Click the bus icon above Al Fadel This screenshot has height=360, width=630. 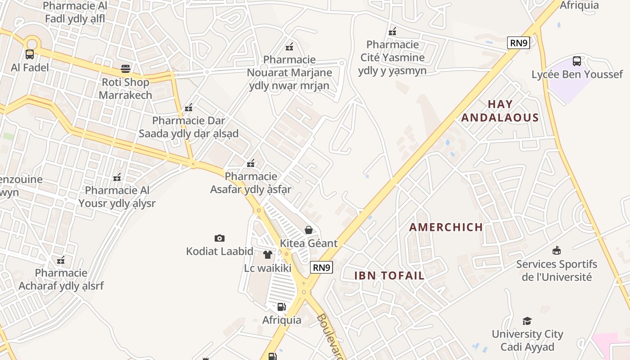[x=30, y=54]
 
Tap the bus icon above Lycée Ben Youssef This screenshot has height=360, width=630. [x=576, y=61]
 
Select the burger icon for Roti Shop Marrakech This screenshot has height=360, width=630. [x=126, y=69]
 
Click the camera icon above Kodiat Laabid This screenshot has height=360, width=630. [x=220, y=238]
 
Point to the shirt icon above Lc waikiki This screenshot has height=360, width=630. [x=268, y=255]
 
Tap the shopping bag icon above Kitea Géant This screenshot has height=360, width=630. [x=309, y=230]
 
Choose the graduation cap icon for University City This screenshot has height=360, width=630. [x=527, y=321]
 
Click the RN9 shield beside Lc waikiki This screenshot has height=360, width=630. [x=321, y=267]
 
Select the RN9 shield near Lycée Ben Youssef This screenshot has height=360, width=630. [x=518, y=43]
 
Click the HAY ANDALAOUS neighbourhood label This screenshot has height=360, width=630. [x=500, y=111]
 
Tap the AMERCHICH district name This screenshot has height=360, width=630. [x=446, y=227]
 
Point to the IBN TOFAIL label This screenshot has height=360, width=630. [x=390, y=276]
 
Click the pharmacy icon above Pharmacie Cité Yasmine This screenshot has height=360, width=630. [x=392, y=31]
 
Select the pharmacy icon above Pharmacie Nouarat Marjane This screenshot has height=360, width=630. [x=289, y=46]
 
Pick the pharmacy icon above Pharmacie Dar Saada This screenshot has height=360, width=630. [x=189, y=108]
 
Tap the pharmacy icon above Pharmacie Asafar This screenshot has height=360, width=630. [x=251, y=163]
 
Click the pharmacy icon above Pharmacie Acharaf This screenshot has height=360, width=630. [x=61, y=260]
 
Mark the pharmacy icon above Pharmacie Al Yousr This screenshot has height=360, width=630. [x=117, y=177]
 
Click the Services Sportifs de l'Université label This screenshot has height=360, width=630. [x=556, y=270]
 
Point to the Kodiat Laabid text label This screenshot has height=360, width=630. [x=220, y=251]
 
